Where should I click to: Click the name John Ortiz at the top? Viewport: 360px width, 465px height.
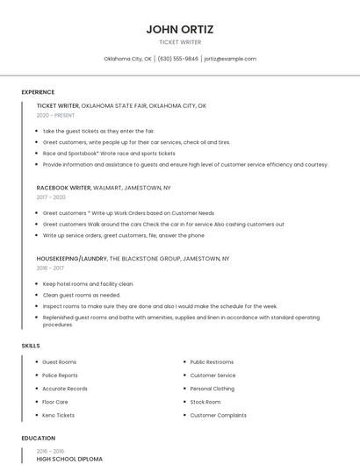[179, 29]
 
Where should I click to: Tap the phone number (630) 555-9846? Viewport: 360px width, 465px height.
[177, 59]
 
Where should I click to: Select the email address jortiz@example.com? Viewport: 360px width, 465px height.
[230, 59]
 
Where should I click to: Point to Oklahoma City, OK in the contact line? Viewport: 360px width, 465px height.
[127, 59]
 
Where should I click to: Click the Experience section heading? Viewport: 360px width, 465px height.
[38, 92]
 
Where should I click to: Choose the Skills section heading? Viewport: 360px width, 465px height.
[31, 346]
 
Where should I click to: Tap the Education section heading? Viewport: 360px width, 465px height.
[39, 438]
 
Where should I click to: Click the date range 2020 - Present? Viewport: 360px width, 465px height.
[55, 116]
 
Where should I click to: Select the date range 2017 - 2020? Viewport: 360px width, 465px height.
[52, 197]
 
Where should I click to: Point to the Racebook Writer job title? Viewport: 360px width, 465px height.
[63, 188]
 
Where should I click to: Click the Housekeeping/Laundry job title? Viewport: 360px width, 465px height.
[71, 259]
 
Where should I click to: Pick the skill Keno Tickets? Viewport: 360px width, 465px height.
[58, 415]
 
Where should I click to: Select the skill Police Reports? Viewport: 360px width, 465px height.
[60, 376]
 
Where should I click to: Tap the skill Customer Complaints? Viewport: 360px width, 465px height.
[218, 415]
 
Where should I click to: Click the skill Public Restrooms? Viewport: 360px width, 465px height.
[212, 362]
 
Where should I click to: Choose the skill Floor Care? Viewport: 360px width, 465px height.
[54, 402]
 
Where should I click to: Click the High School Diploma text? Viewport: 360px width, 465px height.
[69, 459]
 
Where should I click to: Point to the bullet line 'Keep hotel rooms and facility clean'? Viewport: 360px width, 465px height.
[88, 284]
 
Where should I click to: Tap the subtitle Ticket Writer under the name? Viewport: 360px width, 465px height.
[179, 42]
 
